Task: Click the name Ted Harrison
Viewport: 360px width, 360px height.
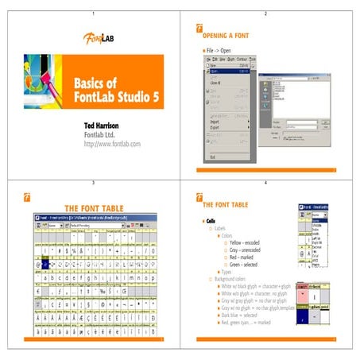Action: [x=107, y=126]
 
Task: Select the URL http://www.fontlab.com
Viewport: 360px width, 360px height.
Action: [x=112, y=144]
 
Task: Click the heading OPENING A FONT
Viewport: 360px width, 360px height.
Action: [x=226, y=37]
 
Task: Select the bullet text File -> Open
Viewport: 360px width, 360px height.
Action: [x=221, y=50]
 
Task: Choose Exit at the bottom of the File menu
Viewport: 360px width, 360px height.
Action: [x=212, y=157]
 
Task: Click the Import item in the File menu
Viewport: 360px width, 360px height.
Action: [x=217, y=122]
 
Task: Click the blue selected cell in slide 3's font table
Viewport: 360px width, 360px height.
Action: [x=47, y=265]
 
